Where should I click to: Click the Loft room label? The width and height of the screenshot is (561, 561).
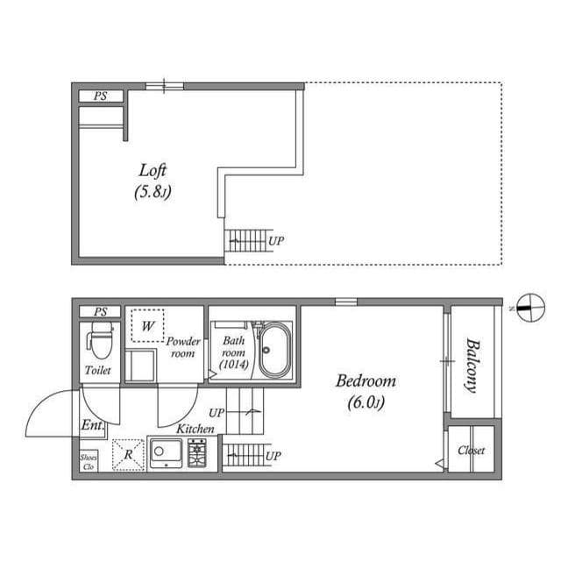coord(153,171)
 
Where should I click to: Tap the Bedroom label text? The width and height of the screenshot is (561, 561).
coord(366,381)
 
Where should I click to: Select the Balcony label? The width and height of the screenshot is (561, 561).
coord(472,366)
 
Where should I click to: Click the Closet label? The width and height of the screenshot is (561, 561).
coord(472,451)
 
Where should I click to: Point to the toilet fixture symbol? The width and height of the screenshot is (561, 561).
coord(100,340)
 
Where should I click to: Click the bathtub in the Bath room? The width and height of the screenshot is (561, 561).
coord(274,350)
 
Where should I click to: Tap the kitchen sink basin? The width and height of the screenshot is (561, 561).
coord(166,451)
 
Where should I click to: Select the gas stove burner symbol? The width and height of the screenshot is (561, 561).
coord(196,452)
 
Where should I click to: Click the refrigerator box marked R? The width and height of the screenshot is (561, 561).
coord(128,454)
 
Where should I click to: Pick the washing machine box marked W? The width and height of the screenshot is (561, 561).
coord(147,325)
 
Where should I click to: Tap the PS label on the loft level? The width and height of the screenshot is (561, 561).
coord(101,96)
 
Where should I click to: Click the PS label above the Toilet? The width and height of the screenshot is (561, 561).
coord(101,312)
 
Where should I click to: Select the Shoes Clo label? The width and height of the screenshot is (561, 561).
coord(88,462)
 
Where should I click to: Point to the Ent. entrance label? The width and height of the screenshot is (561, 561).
coord(92,425)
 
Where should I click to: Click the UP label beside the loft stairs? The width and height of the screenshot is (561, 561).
coord(276,241)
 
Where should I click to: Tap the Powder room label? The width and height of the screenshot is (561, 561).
coord(183,347)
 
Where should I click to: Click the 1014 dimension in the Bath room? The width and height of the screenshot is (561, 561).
coord(234,365)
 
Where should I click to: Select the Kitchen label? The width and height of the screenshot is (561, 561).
coord(195,429)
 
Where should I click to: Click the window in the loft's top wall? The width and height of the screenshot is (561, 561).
coord(164,86)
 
